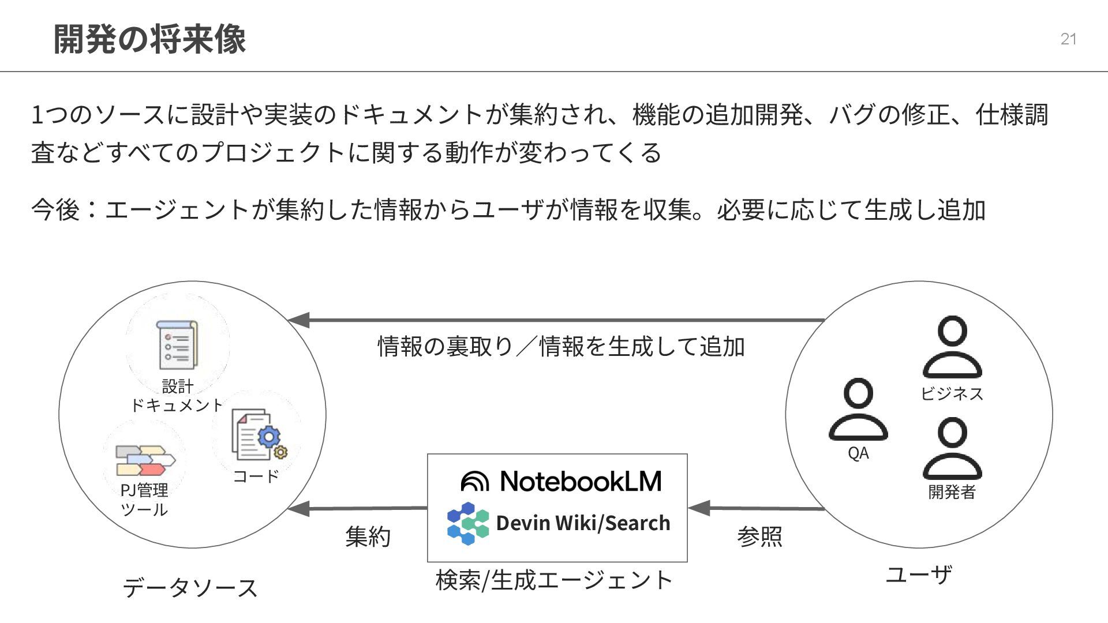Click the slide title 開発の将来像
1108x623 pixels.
(149, 39)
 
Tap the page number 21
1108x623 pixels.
(1068, 39)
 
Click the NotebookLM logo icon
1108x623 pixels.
(475, 481)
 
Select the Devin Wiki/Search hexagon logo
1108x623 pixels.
(467, 523)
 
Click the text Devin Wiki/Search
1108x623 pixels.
(583, 523)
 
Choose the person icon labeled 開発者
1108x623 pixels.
(952, 449)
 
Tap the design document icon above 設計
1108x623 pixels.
(177, 345)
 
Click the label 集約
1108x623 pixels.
(368, 537)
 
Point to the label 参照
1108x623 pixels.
(759, 537)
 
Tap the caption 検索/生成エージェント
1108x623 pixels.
(554, 580)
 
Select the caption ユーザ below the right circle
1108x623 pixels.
(919, 575)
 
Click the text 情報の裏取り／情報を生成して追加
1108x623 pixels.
(561, 347)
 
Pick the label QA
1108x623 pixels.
(858, 453)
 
